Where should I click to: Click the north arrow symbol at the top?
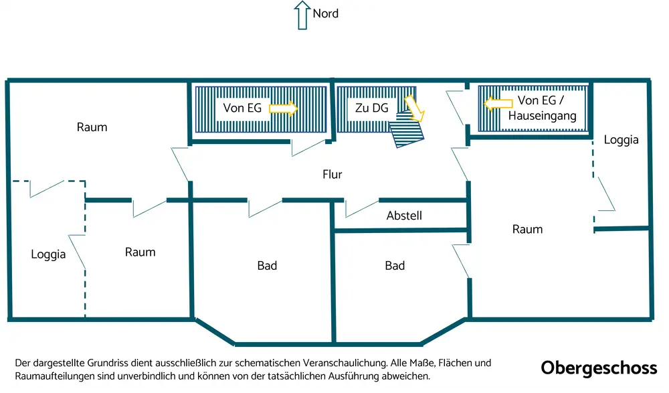302,14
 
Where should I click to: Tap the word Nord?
326,13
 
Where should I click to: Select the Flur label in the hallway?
332,175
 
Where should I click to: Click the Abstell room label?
404,216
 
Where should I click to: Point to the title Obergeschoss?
599,368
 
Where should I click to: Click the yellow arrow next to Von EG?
284,108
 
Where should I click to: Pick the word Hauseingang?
542,116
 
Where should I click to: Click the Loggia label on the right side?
621,140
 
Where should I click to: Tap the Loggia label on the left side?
48,254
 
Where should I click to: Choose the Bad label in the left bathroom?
267,266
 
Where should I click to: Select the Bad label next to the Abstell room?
395,266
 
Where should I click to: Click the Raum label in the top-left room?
92,127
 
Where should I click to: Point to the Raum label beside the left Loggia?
140,252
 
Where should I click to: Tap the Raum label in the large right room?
527,229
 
